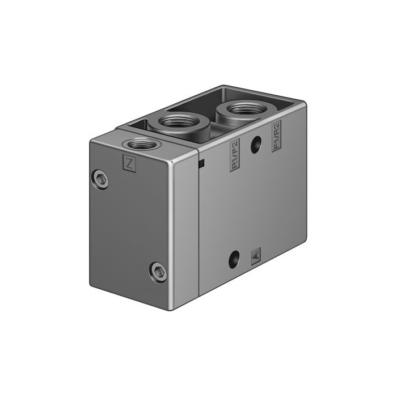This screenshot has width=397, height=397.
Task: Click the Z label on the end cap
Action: point(130,164)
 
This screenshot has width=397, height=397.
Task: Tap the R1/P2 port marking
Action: point(234,155)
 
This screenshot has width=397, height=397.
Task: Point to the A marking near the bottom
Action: point(255,255)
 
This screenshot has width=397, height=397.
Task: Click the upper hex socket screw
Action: point(100,180)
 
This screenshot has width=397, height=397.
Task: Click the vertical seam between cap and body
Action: point(198,227)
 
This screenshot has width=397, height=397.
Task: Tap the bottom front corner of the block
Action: point(172,309)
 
